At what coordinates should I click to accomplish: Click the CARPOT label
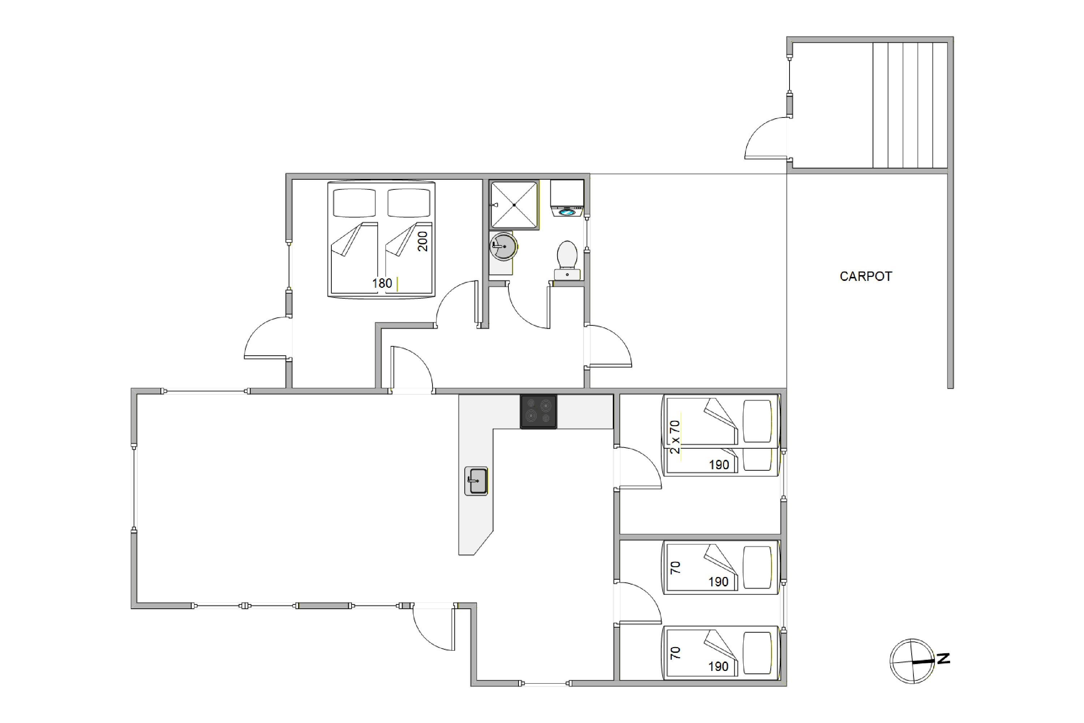[x=865, y=276]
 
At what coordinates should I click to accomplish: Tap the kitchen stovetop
[x=538, y=412]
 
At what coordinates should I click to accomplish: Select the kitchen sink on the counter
[x=476, y=481]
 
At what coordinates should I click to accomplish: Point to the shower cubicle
[x=514, y=205]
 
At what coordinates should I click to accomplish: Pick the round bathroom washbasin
[x=503, y=246]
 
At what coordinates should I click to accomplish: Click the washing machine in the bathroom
[x=567, y=198]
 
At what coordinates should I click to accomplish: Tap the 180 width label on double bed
[x=382, y=283]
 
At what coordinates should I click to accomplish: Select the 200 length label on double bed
[x=423, y=241]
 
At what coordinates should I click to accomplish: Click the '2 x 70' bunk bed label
[x=675, y=437]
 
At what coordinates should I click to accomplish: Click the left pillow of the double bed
[x=354, y=203]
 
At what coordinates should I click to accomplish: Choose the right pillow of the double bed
[x=409, y=203]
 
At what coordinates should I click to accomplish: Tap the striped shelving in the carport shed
[x=910, y=105]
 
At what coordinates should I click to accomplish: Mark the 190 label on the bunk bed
[x=719, y=465]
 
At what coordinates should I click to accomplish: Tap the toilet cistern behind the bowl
[x=567, y=275]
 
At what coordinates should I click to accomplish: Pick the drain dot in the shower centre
[x=514, y=205]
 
